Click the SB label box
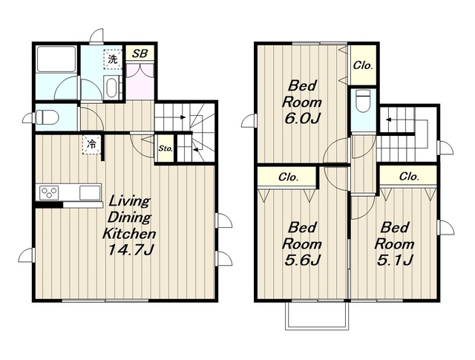140,53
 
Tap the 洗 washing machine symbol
113,59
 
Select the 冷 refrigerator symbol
91,145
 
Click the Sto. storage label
166,148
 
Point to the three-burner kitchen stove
49,192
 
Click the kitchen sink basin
90,193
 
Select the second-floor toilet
363,101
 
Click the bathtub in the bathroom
56,59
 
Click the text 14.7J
131,249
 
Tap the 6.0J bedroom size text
302,118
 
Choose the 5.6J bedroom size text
302,260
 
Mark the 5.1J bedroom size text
395,260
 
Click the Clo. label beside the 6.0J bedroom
363,65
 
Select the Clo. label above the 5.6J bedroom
289,177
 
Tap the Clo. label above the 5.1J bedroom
409,176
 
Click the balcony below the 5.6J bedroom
317,316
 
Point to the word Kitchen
129,234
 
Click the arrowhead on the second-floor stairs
388,120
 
